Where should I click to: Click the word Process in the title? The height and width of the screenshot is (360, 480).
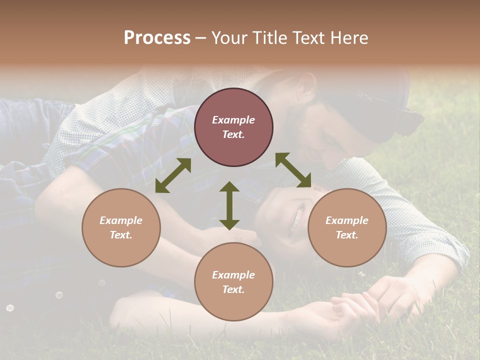157,38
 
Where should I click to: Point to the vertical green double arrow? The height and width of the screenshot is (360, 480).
229,205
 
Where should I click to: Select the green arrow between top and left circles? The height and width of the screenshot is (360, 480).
173,175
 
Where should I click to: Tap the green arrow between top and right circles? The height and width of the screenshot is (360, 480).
293,170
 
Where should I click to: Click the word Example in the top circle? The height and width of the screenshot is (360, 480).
233,120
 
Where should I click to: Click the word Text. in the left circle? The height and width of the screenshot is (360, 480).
121,235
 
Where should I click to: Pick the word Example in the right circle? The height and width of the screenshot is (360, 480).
347,220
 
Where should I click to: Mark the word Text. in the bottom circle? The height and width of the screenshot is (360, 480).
233,289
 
